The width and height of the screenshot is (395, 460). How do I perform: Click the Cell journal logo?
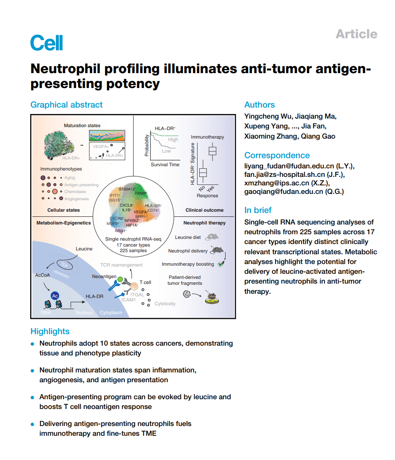[x=46, y=43]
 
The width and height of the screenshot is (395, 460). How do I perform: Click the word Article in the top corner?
[x=356, y=34]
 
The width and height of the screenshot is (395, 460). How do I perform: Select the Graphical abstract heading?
[x=66, y=105]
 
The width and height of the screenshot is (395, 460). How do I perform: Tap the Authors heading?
[x=259, y=105]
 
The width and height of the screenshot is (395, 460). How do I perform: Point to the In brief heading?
[x=258, y=210]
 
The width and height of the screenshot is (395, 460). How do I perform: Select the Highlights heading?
[x=50, y=331]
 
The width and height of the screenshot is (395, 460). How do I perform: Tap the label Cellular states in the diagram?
[x=63, y=210]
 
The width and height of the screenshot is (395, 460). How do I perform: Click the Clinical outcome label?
[x=204, y=210]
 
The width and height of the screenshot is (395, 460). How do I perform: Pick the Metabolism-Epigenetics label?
[x=63, y=223]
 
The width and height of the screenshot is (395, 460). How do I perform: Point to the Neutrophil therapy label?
[x=204, y=223]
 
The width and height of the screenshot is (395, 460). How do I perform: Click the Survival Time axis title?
[x=165, y=165]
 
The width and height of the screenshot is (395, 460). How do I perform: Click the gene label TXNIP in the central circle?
[x=140, y=193]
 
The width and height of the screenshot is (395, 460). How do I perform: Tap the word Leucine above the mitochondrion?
[x=84, y=249]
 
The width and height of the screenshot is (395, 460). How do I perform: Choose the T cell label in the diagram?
[x=146, y=282]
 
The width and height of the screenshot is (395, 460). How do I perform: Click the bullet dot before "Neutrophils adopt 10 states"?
[x=33, y=344]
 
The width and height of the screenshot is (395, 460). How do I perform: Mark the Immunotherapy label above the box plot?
[x=207, y=137]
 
